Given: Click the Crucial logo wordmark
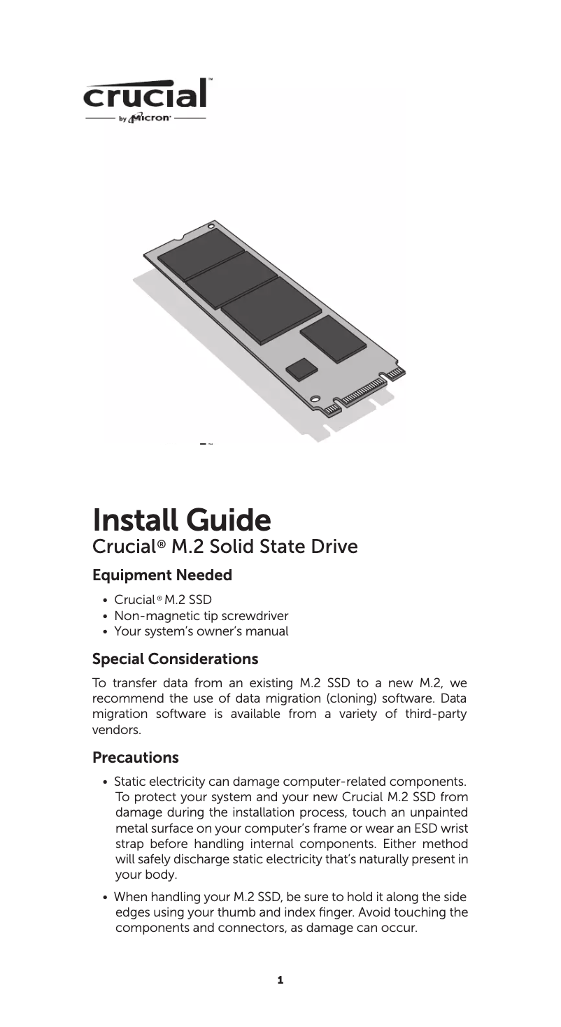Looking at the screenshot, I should [146, 95].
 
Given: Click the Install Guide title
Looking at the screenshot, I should [182, 519].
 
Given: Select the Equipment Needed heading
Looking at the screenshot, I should [162, 576].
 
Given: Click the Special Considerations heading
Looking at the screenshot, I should [176, 659].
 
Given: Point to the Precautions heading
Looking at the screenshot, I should [136, 758].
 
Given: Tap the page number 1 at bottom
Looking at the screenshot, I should [280, 981].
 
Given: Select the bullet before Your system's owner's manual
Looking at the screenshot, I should [104, 633].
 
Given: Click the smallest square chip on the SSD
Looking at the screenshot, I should [301, 368].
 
